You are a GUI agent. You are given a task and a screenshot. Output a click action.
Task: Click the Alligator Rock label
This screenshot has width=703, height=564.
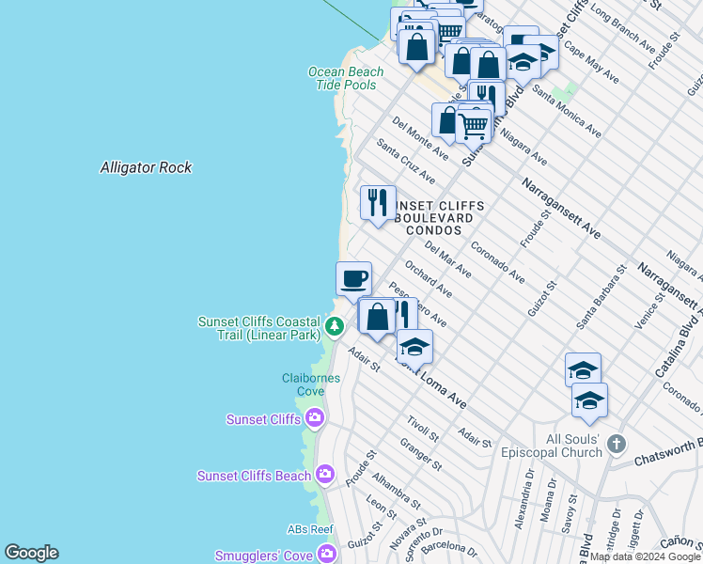pos(146,167)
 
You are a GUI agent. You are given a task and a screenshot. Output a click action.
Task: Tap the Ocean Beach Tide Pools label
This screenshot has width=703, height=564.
pos(346,78)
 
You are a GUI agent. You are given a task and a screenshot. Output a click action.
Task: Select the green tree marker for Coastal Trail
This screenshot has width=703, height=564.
pos(335,326)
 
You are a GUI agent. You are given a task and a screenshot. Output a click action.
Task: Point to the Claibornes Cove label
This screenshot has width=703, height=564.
pos(305,384)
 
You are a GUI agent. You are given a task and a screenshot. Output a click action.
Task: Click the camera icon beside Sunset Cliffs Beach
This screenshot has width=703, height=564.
pos(325,475)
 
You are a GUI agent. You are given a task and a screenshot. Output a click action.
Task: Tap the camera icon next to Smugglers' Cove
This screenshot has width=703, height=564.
pos(327,556)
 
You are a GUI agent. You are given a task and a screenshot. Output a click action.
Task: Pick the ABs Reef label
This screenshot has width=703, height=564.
pos(310,529)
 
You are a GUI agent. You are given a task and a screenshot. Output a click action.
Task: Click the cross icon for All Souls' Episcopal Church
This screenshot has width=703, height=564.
pos(616,442)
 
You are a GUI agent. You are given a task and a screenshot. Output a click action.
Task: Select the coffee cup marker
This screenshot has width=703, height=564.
pos(353,278)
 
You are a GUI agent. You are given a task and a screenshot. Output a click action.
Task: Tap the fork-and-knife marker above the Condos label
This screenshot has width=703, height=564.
pos(378,202)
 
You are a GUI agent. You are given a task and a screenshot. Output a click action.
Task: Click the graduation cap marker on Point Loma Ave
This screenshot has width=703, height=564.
pos(414,347)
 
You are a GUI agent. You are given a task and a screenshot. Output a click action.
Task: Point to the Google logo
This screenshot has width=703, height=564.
pos(31,553)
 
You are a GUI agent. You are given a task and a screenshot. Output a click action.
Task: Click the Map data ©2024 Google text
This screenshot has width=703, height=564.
pos(645,556)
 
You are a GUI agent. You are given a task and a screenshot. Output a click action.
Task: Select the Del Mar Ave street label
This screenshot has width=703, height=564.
pos(447,258)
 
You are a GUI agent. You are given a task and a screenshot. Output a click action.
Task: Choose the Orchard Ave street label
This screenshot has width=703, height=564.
pos(428,280)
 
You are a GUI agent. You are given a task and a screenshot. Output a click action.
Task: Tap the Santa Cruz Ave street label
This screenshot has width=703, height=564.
pos(405,161)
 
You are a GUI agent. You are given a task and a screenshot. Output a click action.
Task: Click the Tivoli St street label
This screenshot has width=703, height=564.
pos(423,430)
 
